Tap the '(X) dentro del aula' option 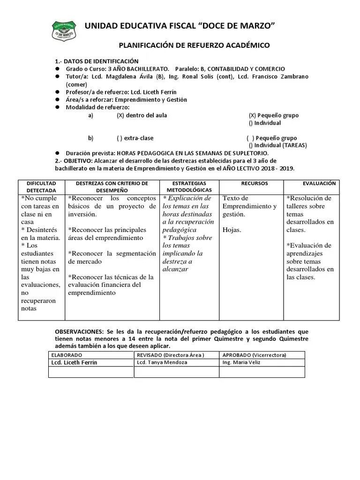pos(142,115)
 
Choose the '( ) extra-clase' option pos(135,138)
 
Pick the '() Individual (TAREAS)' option pos(277,145)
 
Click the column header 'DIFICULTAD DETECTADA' pos(41,187)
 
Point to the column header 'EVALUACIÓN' pos(319,183)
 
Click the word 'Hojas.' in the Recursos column pos(232,230)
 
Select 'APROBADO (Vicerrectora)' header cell pos(254,355)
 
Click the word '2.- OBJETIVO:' pos(73,161)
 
